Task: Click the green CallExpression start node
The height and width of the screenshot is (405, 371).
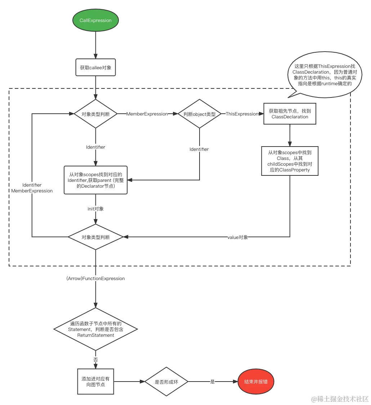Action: [95, 21]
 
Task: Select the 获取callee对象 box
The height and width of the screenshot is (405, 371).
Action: [95, 67]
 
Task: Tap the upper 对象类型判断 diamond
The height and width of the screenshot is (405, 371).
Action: [95, 114]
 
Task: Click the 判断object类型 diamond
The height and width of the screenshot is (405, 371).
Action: [199, 114]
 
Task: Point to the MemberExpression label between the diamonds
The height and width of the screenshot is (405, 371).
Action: [147, 114]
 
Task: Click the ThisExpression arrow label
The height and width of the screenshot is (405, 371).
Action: [242, 114]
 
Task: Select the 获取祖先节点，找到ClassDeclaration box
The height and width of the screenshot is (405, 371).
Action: [290, 114]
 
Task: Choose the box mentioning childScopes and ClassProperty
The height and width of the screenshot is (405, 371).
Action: [290, 161]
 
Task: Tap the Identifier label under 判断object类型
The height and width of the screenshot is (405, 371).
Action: [199, 149]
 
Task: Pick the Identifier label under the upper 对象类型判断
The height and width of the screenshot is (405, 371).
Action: [95, 147]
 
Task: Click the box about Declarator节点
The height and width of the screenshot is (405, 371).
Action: [95, 180]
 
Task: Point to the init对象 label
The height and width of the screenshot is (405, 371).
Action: [95, 209]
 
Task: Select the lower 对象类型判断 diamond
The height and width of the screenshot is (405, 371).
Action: [95, 237]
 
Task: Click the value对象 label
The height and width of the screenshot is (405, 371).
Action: [238, 237]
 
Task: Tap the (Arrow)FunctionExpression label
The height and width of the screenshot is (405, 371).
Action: [96, 279]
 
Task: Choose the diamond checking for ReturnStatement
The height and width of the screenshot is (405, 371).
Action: [96, 329]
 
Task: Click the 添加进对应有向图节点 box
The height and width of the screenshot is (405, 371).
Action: [96, 382]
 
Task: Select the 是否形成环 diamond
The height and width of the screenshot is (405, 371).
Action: [166, 382]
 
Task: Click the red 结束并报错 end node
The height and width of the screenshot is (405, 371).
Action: [256, 382]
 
